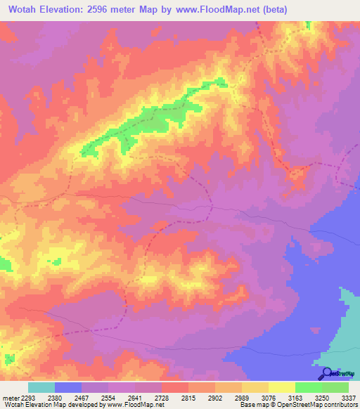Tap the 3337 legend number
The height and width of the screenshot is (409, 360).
(x=349, y=398)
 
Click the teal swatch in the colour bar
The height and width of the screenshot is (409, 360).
(x=41, y=387)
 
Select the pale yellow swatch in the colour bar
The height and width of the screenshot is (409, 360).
(x=282, y=387)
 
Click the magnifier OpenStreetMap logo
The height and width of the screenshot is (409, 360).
(x=326, y=373)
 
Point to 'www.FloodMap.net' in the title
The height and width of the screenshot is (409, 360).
(x=230, y=9)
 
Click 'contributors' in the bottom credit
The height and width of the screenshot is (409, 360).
(x=339, y=405)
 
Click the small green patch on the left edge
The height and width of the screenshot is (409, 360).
(x=5, y=264)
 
